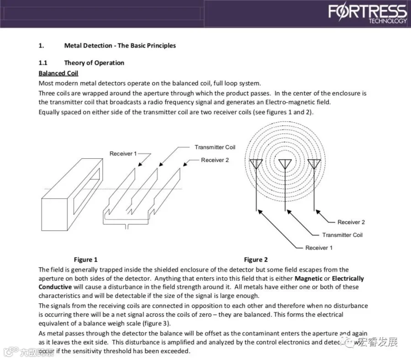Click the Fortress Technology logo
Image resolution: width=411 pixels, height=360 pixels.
pyautogui.click(x=367, y=14)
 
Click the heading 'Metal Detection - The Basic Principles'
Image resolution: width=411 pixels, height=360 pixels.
pyautogui.click(x=120, y=46)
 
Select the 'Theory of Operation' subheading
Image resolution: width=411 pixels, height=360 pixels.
pyautogui.click(x=94, y=63)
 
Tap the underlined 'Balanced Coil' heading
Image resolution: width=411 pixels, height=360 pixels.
pyautogui.click(x=58, y=73)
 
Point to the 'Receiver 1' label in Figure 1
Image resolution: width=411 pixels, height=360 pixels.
pyautogui.click(x=123, y=154)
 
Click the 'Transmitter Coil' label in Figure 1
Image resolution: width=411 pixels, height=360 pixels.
pyautogui.click(x=215, y=147)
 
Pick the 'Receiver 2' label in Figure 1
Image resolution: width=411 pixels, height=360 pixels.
pyautogui.click(x=215, y=160)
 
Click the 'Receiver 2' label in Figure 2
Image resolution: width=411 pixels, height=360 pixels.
pyautogui.click(x=351, y=222)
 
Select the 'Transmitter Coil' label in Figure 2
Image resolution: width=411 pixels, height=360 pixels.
pyautogui.click(x=342, y=235)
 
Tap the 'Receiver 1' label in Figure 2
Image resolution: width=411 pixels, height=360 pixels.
pyautogui.click(x=319, y=248)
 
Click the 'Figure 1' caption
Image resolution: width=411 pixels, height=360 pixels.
pyautogui.click(x=86, y=260)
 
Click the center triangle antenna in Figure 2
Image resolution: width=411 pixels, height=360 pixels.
pyautogui.click(x=285, y=164)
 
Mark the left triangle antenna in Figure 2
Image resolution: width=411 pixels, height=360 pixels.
pyautogui.click(x=256, y=164)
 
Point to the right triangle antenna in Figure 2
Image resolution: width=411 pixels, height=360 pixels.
pyautogui.click(x=314, y=164)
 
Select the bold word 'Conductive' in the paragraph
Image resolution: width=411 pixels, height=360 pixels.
pyautogui.click(x=55, y=287)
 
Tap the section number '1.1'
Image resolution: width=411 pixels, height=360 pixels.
pyautogui.click(x=43, y=63)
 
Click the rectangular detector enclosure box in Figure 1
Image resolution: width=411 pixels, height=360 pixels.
pyautogui.click(x=68, y=192)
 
